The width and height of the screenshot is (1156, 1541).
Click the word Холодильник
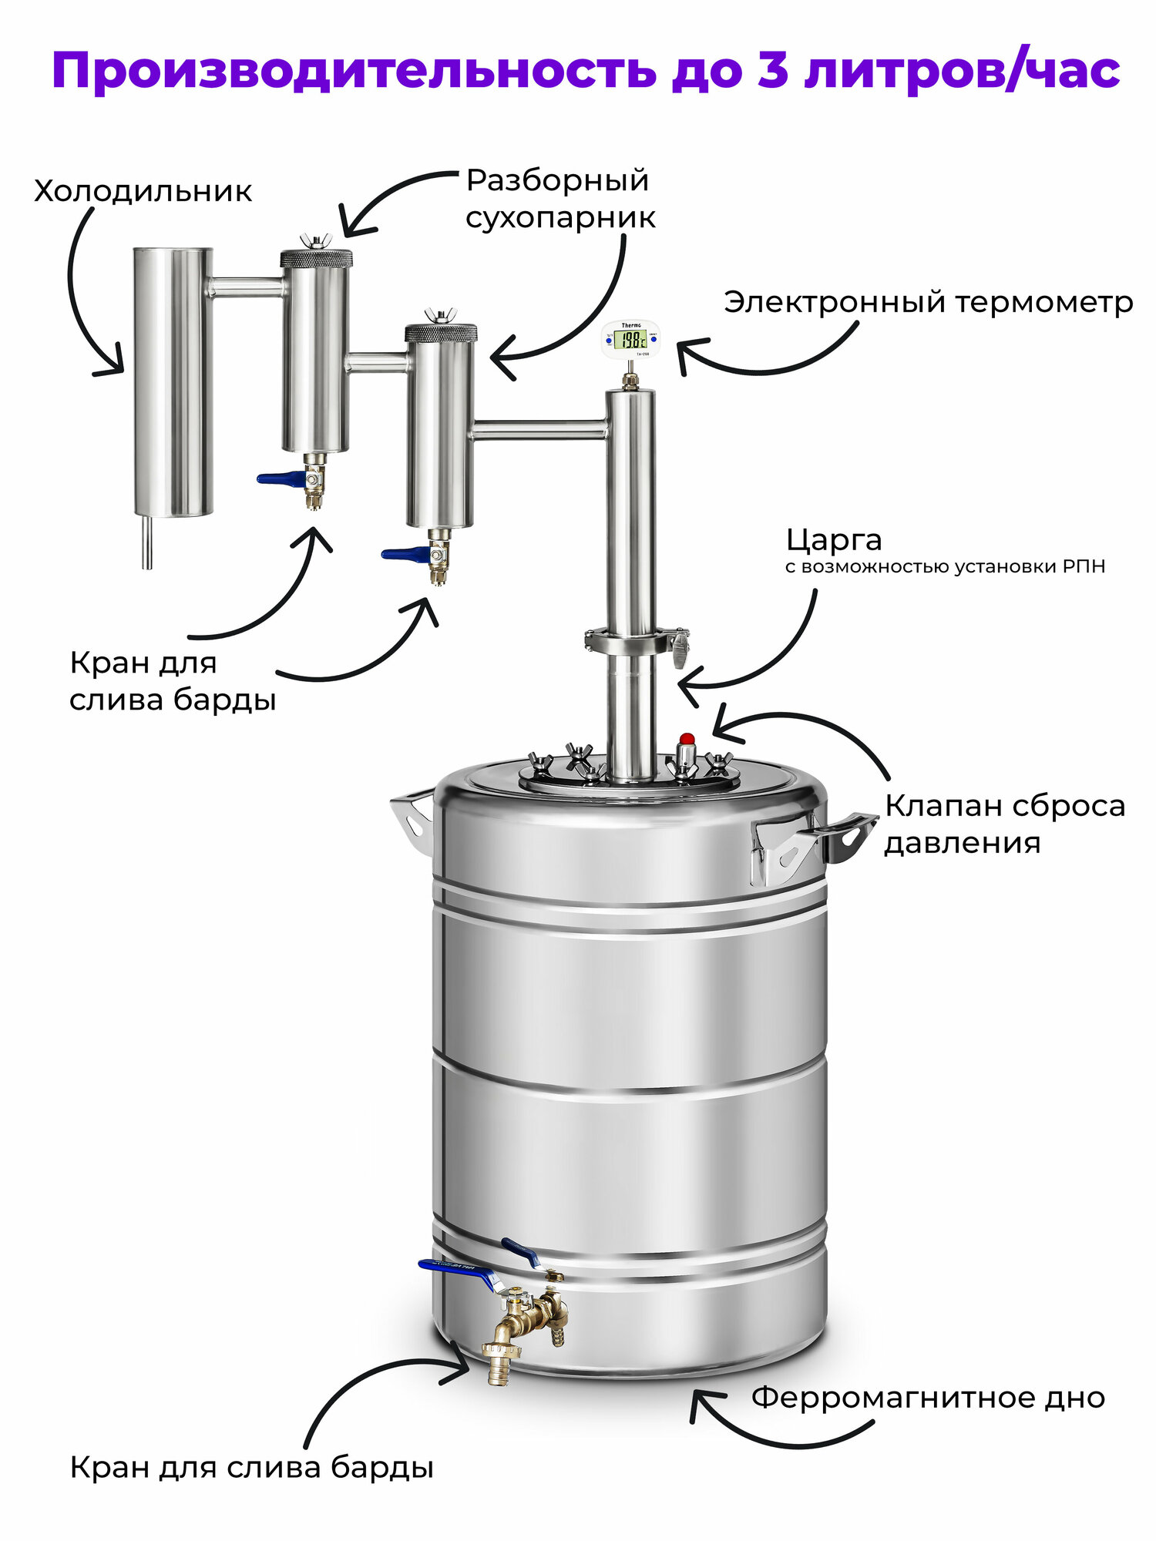pyautogui.click(x=143, y=191)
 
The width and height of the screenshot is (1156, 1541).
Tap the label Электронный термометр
pyautogui.click(x=928, y=302)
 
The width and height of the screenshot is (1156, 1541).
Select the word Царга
pyautogui.click(x=834, y=540)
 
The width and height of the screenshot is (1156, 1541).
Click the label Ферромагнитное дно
pyautogui.click(x=928, y=1397)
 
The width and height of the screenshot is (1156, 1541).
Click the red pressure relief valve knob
pyautogui.click(x=687, y=739)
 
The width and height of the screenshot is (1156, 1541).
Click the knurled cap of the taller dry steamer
pyautogui.click(x=316, y=257)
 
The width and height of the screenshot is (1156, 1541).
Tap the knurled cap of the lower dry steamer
pyautogui.click(x=441, y=333)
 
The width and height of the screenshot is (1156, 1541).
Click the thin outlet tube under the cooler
pyautogui.click(x=147, y=542)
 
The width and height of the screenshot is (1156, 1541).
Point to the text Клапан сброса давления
pyautogui.click(x=1003, y=824)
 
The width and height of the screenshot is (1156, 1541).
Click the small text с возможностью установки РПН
pyautogui.click(x=945, y=567)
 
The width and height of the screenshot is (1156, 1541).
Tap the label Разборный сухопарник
pyautogui.click(x=560, y=199)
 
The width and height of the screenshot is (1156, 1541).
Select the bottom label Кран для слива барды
pyautogui.click(x=251, y=1467)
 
